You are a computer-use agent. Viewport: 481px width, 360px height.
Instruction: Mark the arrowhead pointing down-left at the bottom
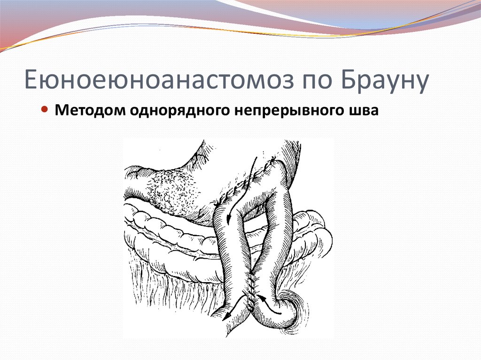coord(225,317)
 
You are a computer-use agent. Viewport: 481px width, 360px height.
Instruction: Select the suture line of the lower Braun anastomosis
coord(253,289)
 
